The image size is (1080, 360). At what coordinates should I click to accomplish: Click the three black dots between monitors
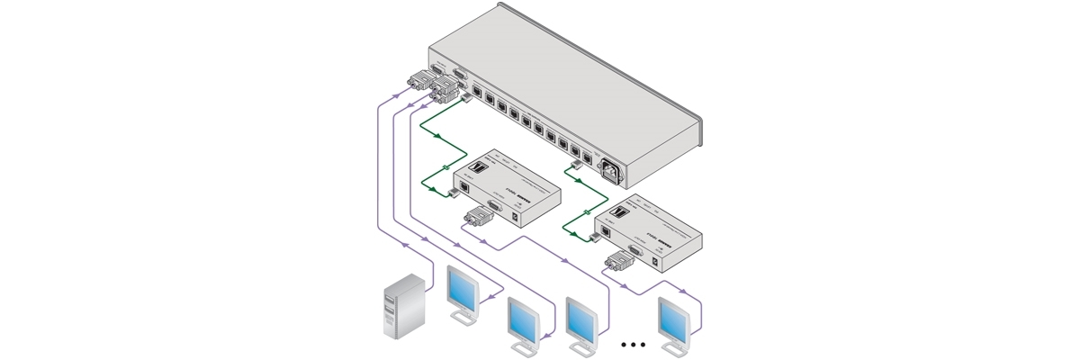(634, 345)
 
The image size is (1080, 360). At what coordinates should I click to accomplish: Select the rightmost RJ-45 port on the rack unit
(587, 160)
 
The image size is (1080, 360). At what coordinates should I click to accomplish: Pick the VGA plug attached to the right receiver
(617, 263)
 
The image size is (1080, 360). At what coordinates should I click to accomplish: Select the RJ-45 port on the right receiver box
(607, 231)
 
